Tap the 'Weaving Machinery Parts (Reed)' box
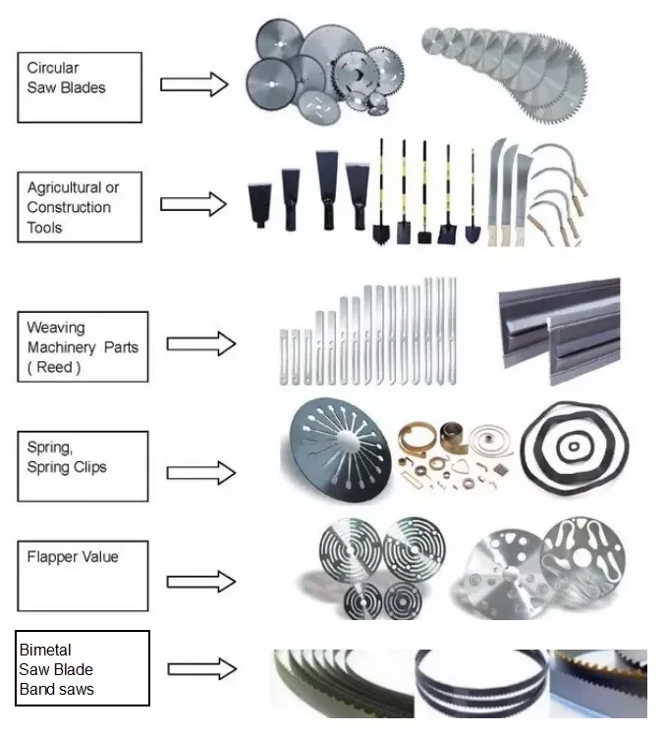pyautogui.click(x=83, y=346)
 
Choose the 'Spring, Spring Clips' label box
pyautogui.click(x=83, y=466)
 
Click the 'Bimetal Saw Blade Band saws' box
pyautogui.click(x=83, y=668)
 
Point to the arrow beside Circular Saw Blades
pyautogui.click(x=194, y=83)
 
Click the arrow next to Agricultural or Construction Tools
pyautogui.click(x=194, y=204)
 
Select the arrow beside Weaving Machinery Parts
pyautogui.click(x=200, y=343)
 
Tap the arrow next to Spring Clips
pyautogui.click(x=200, y=472)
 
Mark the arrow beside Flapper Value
pyautogui.click(x=200, y=581)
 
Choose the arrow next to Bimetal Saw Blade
pyautogui.click(x=200, y=669)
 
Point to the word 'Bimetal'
pyautogui.click(x=45, y=650)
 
